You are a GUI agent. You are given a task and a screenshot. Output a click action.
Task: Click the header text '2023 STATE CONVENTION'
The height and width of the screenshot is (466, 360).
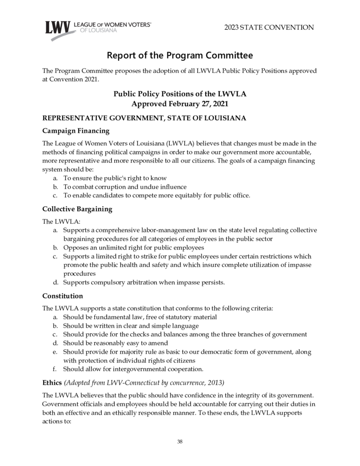(269, 27)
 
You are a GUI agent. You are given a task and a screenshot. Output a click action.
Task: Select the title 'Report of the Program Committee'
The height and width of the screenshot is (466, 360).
(180, 55)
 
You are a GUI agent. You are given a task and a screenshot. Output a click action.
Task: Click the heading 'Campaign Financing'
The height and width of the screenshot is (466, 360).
(75, 131)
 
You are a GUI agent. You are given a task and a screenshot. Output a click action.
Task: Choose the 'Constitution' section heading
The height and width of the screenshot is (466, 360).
(63, 296)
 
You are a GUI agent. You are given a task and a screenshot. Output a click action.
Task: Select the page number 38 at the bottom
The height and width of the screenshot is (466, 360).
(180, 442)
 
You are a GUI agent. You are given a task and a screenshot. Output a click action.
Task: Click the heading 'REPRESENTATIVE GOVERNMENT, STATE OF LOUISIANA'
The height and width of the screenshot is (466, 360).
(144, 118)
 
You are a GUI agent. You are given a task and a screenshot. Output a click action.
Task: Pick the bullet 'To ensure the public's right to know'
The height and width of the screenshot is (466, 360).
(115, 178)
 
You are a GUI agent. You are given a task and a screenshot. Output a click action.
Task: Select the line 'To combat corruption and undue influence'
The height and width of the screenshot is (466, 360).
(125, 187)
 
